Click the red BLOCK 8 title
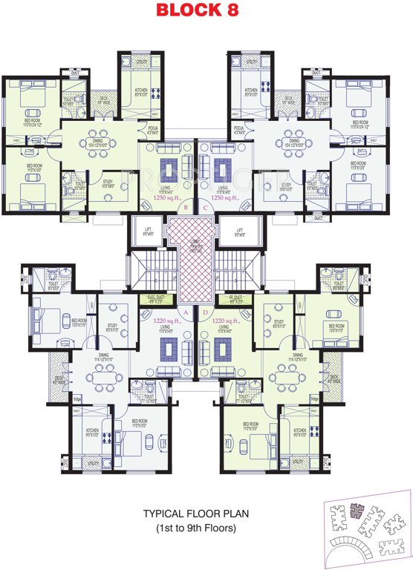[x=206, y=10]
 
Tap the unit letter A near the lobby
[x=185, y=312]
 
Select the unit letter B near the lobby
[x=185, y=208]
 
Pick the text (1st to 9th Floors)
[x=195, y=528]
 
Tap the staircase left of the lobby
[x=147, y=271]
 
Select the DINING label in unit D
[x=297, y=357]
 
